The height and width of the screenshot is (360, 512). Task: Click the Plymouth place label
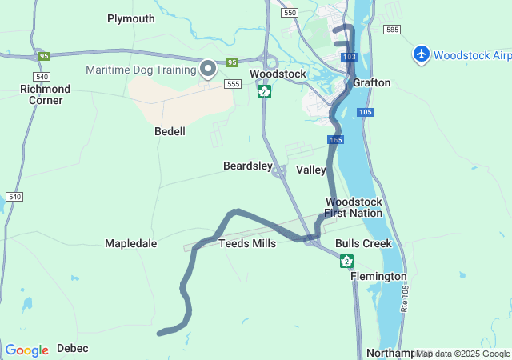[131, 18]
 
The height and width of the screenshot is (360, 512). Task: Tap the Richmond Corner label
[45, 94]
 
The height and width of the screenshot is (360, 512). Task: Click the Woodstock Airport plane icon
[422, 54]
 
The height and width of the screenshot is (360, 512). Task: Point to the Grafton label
[372, 82]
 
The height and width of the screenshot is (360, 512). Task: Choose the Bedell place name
[170, 131]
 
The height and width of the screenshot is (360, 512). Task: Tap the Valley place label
[311, 170]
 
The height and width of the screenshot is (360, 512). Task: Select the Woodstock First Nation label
[354, 207]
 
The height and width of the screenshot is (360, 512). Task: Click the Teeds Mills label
[247, 243]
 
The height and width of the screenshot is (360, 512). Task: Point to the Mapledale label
[130, 243]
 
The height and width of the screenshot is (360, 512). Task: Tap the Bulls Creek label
[363, 243]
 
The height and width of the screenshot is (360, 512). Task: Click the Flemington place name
[378, 276]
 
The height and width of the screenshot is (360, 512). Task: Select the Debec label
[73, 348]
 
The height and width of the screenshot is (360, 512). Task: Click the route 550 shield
[290, 13]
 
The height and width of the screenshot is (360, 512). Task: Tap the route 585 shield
[391, 30]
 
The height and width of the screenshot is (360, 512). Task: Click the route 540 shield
[14, 196]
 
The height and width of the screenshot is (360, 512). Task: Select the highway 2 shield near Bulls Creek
[346, 261]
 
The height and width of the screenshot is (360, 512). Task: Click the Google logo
[26, 350]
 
